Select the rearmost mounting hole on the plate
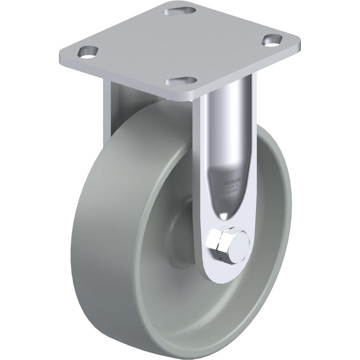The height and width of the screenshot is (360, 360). click(x=176, y=12)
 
